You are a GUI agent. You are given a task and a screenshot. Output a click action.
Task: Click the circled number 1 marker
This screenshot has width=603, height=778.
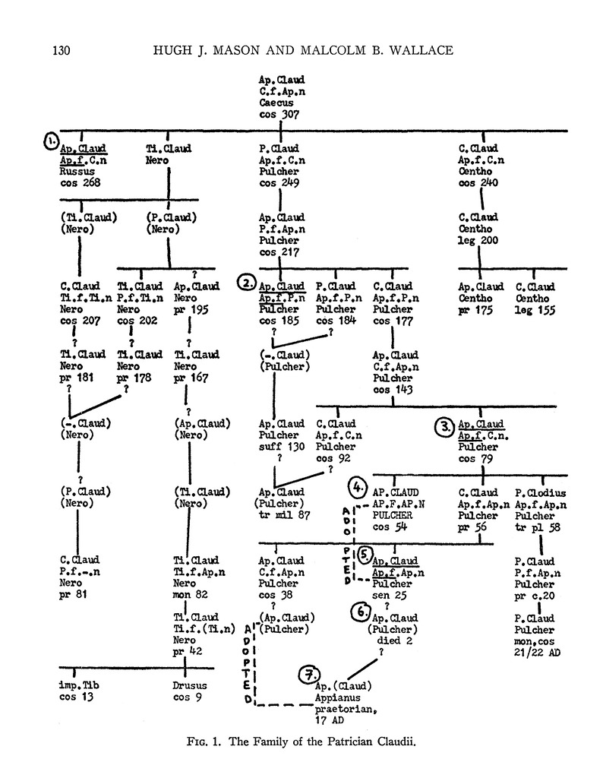[50, 142]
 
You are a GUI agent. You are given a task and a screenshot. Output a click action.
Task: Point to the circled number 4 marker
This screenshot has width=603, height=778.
[358, 484]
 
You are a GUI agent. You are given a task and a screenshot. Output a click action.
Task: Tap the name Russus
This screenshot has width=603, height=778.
[77, 171]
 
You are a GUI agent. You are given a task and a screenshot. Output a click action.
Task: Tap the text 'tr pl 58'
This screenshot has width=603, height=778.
[539, 527]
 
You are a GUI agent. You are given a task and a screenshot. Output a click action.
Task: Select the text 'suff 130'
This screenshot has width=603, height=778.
[282, 447]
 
